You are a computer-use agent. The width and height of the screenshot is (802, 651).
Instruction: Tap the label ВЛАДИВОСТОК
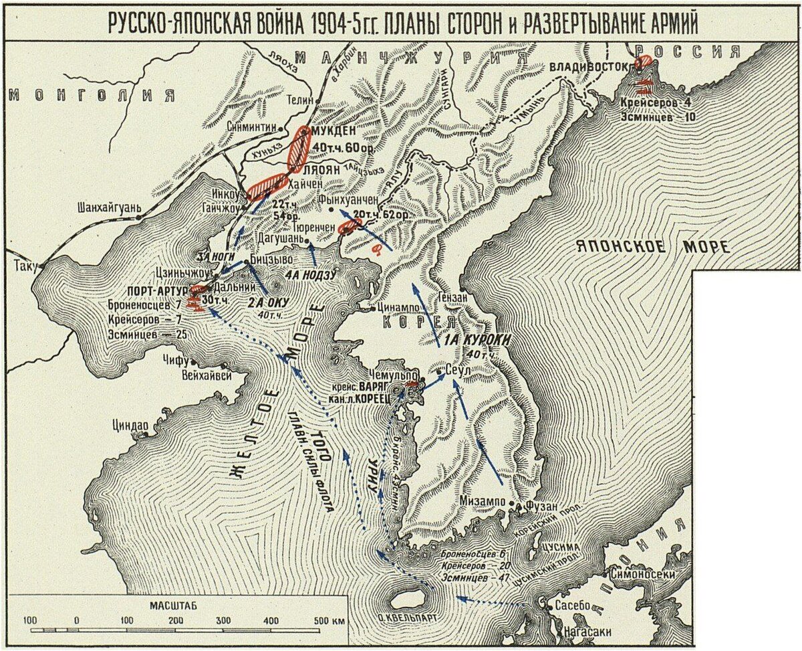pos(588,68)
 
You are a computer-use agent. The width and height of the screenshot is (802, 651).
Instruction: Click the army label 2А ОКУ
pos(267,302)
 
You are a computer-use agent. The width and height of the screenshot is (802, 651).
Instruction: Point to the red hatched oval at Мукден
pos(298,149)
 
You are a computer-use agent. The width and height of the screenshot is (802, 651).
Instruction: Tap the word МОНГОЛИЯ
pos(91,94)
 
